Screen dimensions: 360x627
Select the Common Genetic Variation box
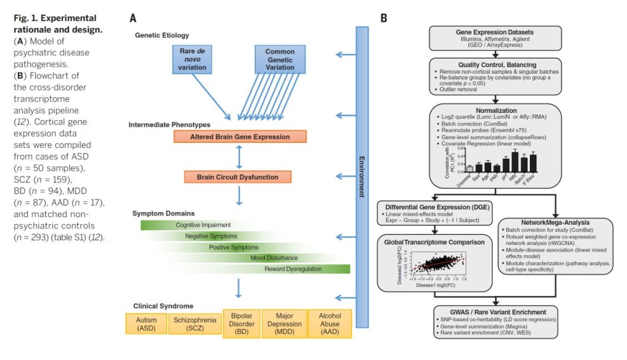coord(284,59)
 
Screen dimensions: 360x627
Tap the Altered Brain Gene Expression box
coord(239,137)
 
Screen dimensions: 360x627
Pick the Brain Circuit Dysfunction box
coord(238,177)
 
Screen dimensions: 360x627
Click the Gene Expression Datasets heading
coord(495,32)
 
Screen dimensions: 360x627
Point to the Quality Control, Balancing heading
coord(495,64)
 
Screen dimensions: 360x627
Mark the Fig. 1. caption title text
coord(55,23)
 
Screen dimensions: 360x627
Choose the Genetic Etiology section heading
coord(162,35)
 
